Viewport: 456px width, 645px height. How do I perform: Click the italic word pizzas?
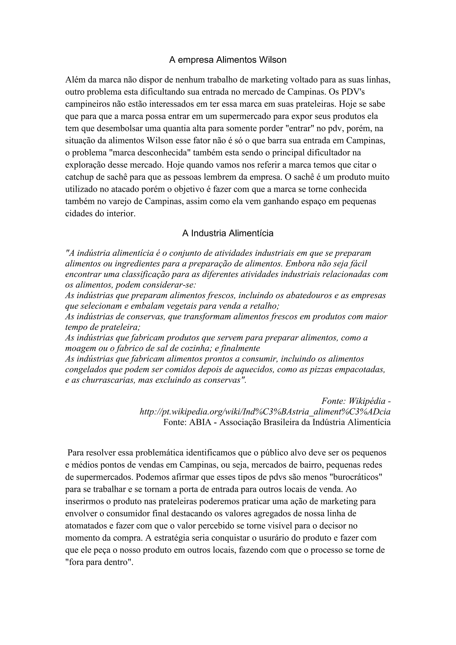320,369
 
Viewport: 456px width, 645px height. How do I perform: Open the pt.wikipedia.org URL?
265,412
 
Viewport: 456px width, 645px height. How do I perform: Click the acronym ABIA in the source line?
200,423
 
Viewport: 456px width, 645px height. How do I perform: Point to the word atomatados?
85,526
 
